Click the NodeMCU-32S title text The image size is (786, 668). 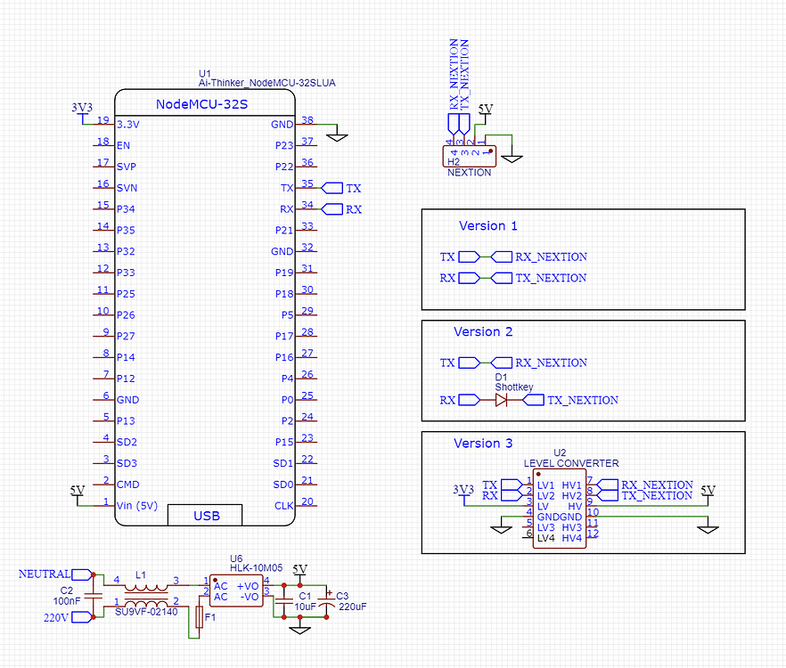point(201,104)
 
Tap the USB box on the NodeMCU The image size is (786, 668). point(205,515)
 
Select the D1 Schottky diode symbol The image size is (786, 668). point(501,400)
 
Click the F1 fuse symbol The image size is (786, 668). point(199,617)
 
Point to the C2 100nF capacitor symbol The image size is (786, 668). point(94,596)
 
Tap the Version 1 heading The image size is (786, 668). point(487,226)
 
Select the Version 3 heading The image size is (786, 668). point(483,444)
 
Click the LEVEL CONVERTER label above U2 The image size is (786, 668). point(571,463)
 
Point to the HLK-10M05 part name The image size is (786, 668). point(256,567)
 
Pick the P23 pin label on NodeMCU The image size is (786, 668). point(283,145)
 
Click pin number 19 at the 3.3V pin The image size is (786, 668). point(103,119)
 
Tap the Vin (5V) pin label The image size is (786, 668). point(137,506)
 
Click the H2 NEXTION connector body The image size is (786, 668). point(469,157)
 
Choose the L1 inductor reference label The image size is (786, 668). point(141,574)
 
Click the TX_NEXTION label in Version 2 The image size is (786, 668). point(583,401)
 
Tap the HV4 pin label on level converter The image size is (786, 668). point(571,538)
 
